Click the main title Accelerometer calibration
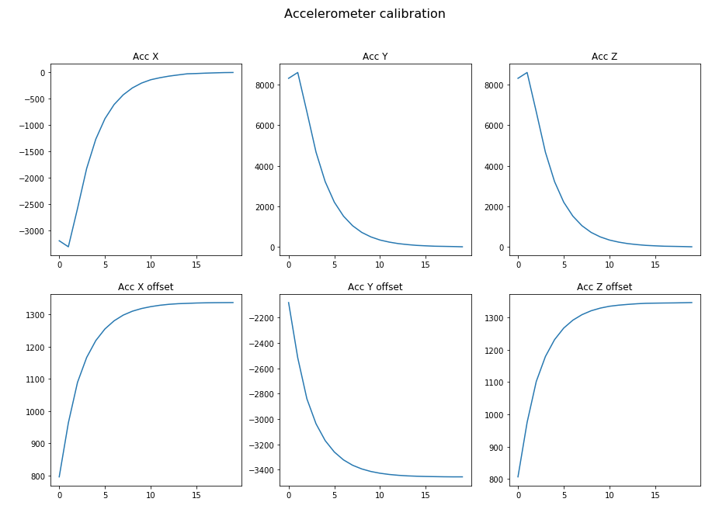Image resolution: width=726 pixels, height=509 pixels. click(364, 14)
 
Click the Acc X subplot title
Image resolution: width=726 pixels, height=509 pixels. click(145, 57)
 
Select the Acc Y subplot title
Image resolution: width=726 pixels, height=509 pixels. click(375, 57)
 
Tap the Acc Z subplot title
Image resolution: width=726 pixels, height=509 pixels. click(604, 57)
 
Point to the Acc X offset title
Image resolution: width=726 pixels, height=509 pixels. click(145, 287)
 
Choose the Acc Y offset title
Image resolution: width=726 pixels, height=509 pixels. click(375, 287)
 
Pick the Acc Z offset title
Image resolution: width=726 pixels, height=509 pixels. click(604, 287)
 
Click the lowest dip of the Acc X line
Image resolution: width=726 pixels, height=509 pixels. click(68, 247)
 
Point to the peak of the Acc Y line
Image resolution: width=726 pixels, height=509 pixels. click(297, 72)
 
